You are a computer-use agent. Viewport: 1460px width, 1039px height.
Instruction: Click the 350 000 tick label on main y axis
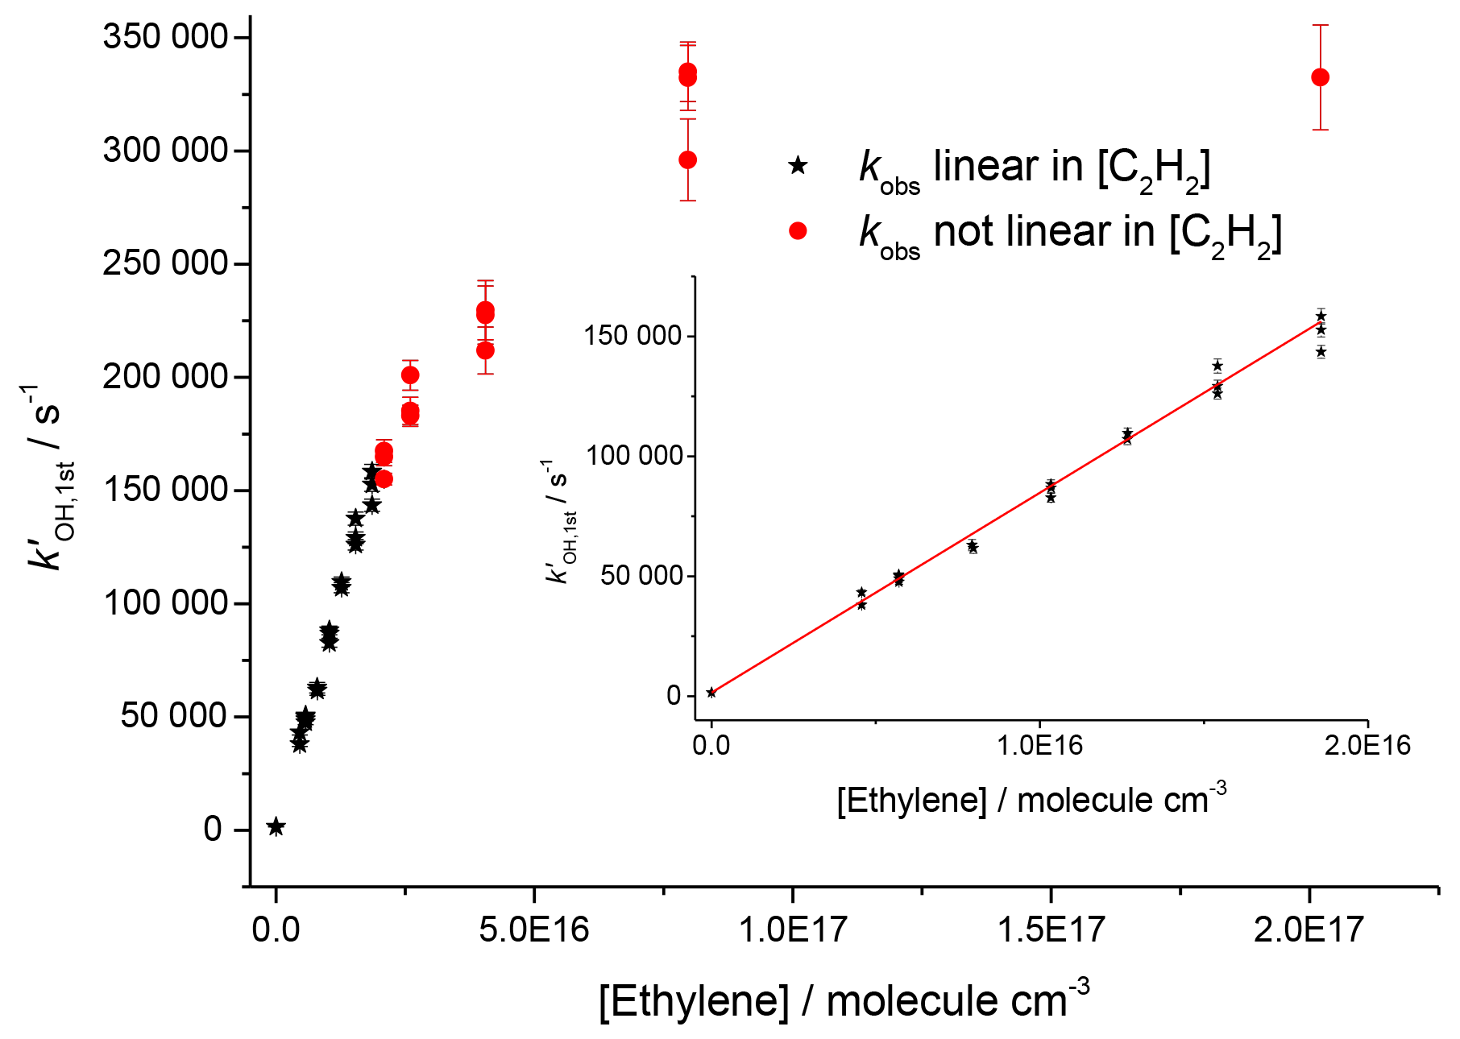pyautogui.click(x=165, y=37)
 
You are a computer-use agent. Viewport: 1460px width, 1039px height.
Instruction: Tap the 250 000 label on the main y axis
pyautogui.click(x=165, y=263)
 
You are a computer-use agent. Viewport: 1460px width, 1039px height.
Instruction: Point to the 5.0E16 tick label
pyautogui.click(x=533, y=930)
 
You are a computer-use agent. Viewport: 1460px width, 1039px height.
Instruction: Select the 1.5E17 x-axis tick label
pyautogui.click(x=1051, y=930)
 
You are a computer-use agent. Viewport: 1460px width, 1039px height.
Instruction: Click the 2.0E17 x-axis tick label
pyautogui.click(x=1309, y=930)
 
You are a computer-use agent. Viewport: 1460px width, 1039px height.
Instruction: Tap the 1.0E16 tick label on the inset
pyautogui.click(x=1039, y=746)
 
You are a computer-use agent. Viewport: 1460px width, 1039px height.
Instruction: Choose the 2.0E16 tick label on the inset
pyautogui.click(x=1367, y=746)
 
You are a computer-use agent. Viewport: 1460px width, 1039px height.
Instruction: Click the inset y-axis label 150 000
pyautogui.click(x=633, y=336)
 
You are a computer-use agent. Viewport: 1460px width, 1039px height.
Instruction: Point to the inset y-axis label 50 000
pyautogui.click(x=641, y=576)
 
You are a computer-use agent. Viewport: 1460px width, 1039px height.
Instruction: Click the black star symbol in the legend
pyautogui.click(x=798, y=167)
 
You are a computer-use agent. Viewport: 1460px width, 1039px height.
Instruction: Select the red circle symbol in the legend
pyautogui.click(x=798, y=232)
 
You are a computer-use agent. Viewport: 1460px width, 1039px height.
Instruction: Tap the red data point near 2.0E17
pyautogui.click(x=1320, y=77)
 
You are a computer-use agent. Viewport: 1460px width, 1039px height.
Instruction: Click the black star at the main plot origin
pyautogui.click(x=276, y=826)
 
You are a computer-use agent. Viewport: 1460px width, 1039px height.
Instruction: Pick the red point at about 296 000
pyautogui.click(x=687, y=159)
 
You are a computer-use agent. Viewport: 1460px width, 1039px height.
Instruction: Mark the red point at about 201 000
pyautogui.click(x=410, y=375)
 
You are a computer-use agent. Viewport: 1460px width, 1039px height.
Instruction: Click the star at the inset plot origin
pyautogui.click(x=711, y=693)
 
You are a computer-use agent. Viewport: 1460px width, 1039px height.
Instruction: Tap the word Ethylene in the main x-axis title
pyautogui.click(x=694, y=1001)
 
